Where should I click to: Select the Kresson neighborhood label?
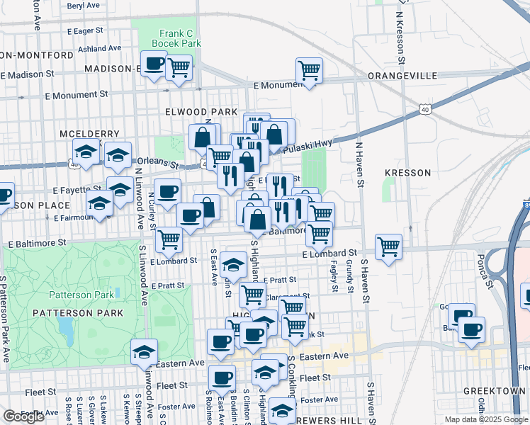407,172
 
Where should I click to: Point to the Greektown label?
495,391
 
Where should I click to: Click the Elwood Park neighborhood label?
201,112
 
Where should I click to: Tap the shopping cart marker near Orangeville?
309,70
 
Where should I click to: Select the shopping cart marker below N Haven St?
388,246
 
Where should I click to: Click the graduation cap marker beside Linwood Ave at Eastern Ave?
144,351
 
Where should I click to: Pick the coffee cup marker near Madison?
154,64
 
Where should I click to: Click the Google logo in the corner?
23,416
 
